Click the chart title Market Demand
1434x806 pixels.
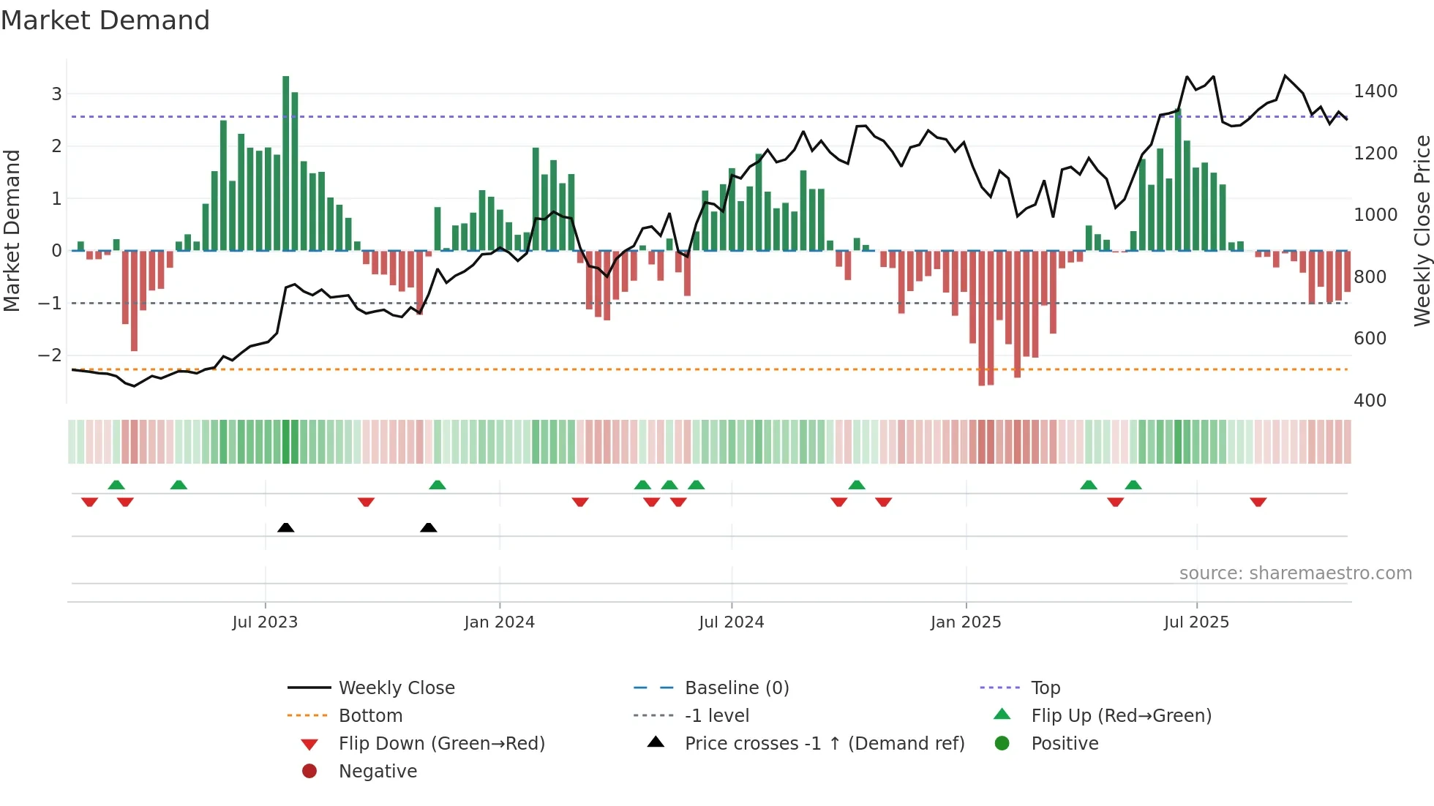coord(105,20)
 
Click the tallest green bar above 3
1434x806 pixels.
coord(285,161)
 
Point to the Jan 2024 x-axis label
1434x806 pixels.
coord(500,622)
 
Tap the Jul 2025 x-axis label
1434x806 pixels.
coord(1196,622)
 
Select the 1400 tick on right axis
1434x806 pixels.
coord(1375,91)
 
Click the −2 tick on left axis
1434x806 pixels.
coord(50,355)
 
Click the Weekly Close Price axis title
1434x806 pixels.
coord(1422,230)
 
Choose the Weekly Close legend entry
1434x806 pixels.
coord(396,688)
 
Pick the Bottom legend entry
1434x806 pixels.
coord(370,716)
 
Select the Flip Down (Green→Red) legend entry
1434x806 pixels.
coord(441,744)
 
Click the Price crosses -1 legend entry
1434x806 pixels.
coord(824,744)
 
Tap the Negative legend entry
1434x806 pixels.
coord(378,772)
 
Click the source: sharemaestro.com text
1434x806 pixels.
coord(1295,573)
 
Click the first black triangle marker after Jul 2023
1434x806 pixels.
coord(286,528)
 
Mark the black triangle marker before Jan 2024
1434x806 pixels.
coord(429,528)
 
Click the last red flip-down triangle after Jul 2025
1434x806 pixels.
coord(1258,502)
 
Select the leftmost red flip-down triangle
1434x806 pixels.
coord(89,502)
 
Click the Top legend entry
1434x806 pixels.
coord(1045,688)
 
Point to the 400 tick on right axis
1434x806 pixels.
coord(1370,401)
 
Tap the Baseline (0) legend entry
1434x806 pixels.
coord(736,688)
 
